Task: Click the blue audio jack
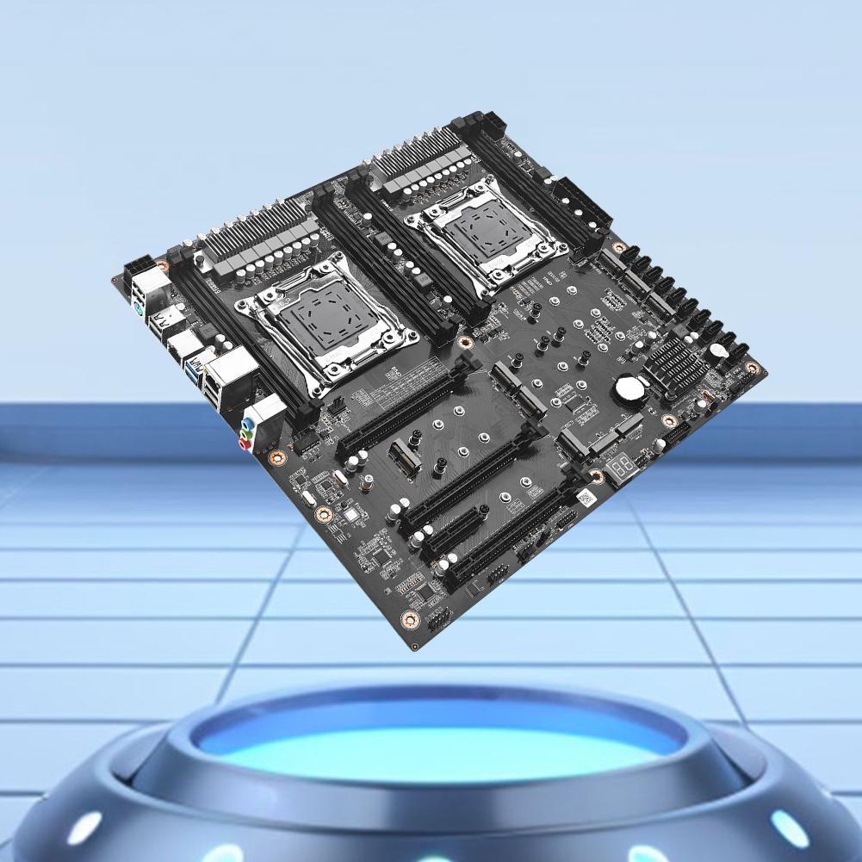coord(248,423)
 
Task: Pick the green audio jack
coord(245,435)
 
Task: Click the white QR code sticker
coord(585,498)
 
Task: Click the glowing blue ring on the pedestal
coord(438,741)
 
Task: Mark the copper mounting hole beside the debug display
coord(596,475)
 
